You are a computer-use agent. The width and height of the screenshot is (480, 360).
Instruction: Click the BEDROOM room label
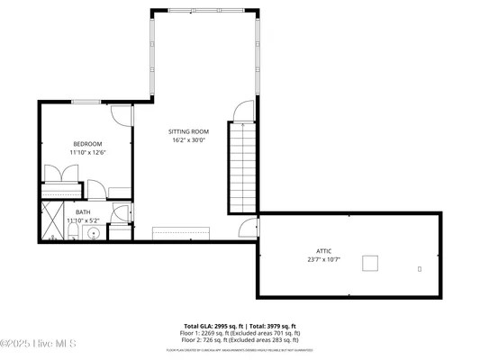tap(87, 144)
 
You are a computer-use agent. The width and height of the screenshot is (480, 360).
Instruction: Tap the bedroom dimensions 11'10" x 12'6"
tap(87, 153)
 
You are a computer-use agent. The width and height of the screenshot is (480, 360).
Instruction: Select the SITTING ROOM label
tap(188, 131)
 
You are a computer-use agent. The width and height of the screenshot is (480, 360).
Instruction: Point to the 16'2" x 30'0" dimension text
tap(188, 140)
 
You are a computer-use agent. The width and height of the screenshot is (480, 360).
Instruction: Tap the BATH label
tap(83, 212)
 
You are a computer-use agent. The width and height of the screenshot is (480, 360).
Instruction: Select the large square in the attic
tap(370, 263)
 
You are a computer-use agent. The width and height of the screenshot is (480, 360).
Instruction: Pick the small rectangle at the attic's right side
tap(420, 267)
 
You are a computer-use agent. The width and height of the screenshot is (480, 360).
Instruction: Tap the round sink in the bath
tap(91, 232)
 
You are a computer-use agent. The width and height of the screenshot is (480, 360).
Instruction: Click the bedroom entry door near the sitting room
tap(122, 115)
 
